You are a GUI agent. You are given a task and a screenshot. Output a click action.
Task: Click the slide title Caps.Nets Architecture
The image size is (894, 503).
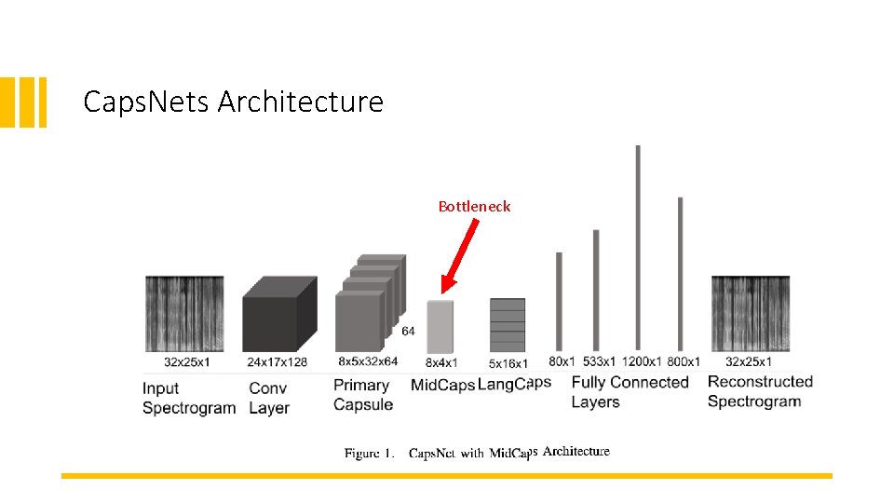click(x=233, y=101)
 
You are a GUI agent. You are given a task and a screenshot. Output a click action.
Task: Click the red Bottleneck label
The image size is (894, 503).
click(x=474, y=207)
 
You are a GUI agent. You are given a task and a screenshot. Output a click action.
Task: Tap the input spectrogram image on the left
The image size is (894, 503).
click(x=184, y=314)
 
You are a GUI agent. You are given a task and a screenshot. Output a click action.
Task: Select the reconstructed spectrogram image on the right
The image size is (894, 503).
click(x=750, y=314)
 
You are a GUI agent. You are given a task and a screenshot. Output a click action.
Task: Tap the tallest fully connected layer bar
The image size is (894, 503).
click(x=638, y=247)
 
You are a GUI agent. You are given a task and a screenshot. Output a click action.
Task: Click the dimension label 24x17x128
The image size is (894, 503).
click(x=278, y=361)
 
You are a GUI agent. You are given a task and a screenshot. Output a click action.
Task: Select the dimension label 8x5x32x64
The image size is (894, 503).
click(x=368, y=361)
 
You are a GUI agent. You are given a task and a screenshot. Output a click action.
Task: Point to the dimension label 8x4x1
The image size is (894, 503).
click(x=440, y=362)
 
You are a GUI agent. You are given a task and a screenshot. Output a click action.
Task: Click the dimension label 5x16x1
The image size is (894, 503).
click(x=508, y=363)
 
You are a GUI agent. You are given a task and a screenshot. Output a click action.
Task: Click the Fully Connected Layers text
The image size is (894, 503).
click(x=630, y=392)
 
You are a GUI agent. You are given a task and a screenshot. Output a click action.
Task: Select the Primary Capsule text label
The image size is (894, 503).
click(x=362, y=394)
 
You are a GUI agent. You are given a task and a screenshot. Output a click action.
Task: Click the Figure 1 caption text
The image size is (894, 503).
click(x=477, y=453)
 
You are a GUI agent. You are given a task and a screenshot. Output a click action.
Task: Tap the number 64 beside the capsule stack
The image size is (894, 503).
click(x=408, y=331)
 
